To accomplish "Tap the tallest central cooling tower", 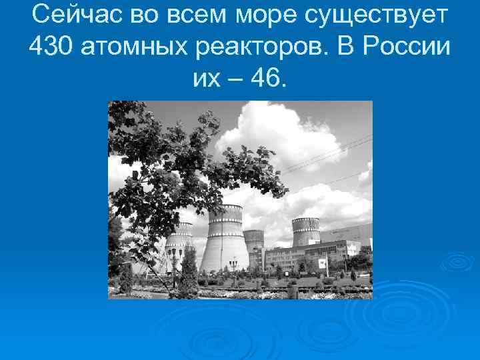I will pyautogui.click(x=224, y=240).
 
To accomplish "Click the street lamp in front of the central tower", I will pyautogui.click(x=233, y=267).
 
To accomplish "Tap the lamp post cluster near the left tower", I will pyautogui.click(x=174, y=260).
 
